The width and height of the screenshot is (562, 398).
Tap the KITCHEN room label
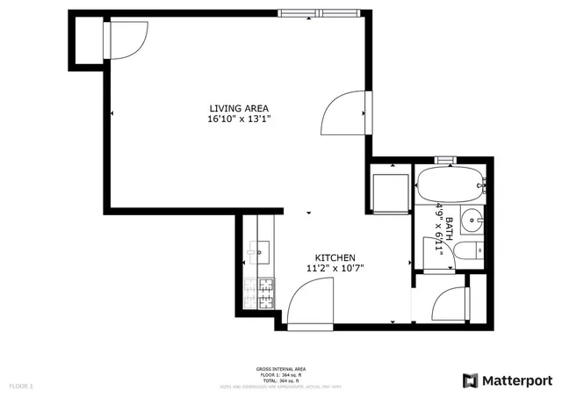coord(335,257)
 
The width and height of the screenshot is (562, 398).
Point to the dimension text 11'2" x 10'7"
coord(335,269)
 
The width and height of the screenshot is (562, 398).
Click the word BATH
coord(449,229)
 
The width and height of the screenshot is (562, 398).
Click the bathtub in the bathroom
coord(449,185)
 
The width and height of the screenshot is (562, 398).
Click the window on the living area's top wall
coord(321,13)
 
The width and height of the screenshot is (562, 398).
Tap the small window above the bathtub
coord(446,161)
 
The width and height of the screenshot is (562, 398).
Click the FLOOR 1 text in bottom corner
coord(20,386)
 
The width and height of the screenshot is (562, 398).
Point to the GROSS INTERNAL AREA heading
coord(280,369)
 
